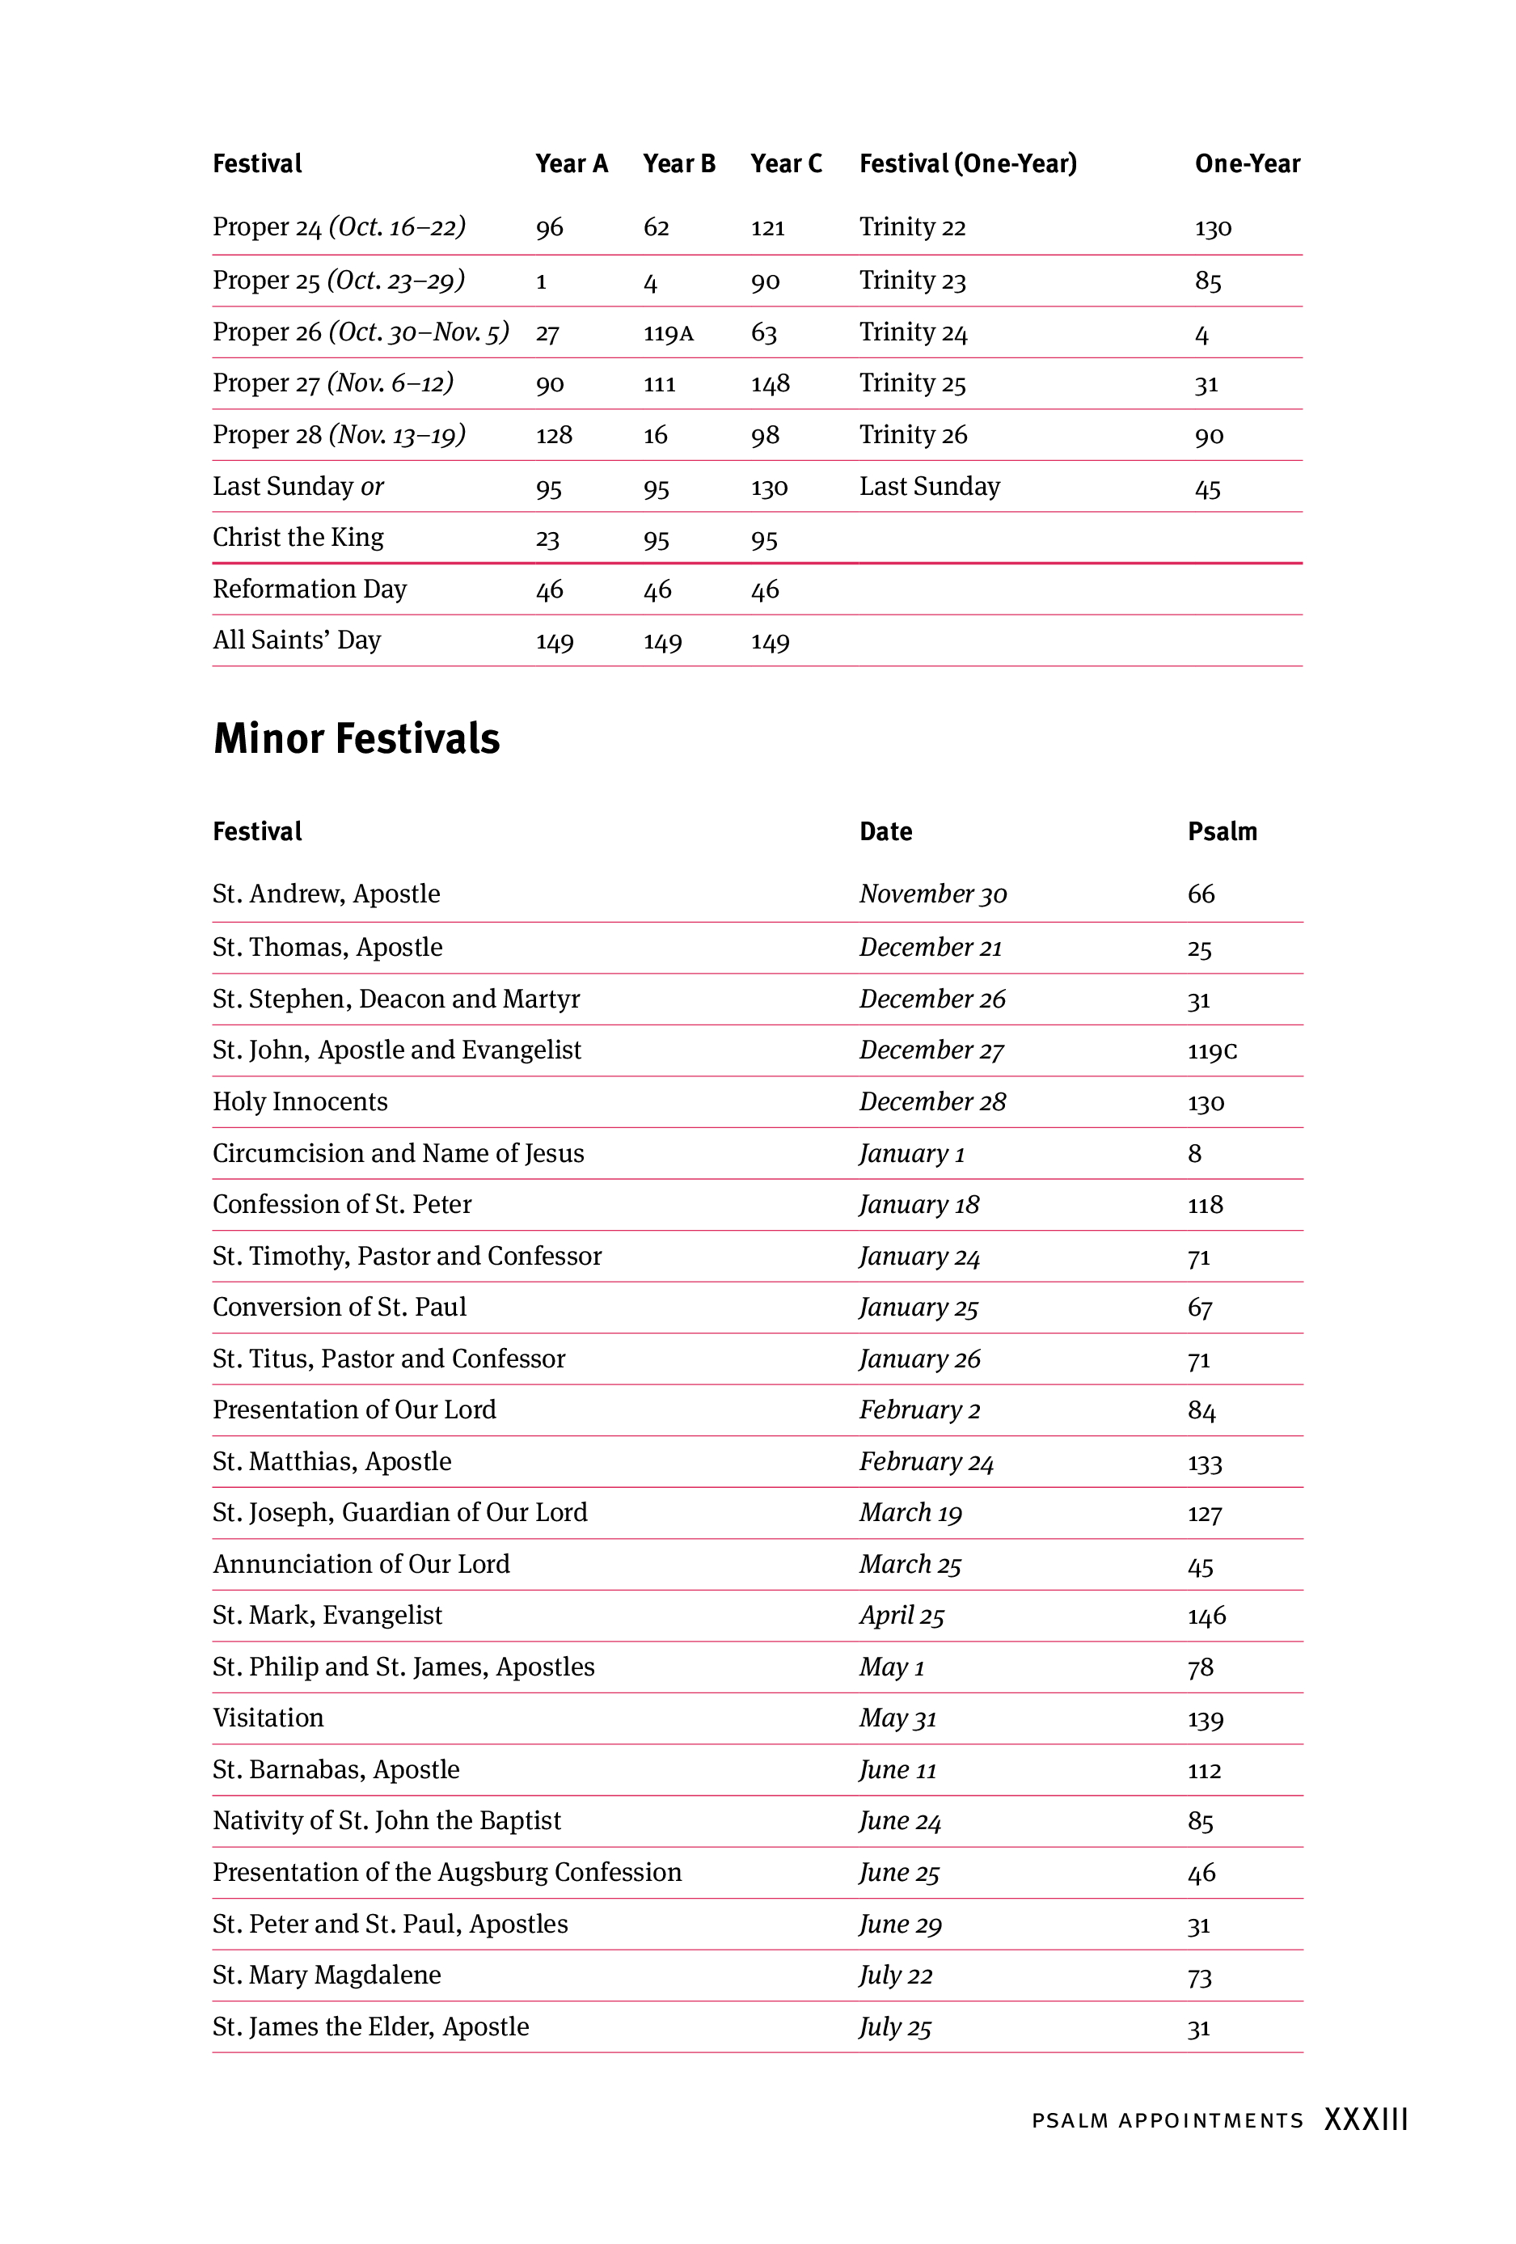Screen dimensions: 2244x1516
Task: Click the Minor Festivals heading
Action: pyautogui.click(x=357, y=738)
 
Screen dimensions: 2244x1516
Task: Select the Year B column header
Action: pyautogui.click(x=679, y=164)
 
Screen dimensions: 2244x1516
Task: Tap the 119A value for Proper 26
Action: pyautogui.click(x=668, y=334)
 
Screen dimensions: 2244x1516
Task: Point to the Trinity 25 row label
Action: pyautogui.click(x=913, y=383)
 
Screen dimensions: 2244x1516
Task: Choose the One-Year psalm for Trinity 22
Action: pyautogui.click(x=1213, y=228)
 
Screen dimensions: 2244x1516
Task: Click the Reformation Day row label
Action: pyautogui.click(x=309, y=589)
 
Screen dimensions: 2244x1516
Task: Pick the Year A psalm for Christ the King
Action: pyautogui.click(x=547, y=539)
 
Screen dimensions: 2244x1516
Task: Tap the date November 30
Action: pyautogui.click(x=933, y=894)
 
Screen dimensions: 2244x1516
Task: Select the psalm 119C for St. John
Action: pyautogui.click(x=1212, y=1050)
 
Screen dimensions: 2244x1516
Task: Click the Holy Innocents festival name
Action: pyautogui.click(x=299, y=1101)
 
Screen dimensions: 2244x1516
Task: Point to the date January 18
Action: pyautogui.click(x=919, y=1205)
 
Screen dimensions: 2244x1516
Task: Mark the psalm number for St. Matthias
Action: pyautogui.click(x=1204, y=1463)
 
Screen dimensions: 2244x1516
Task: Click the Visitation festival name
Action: pyautogui.click(x=268, y=1718)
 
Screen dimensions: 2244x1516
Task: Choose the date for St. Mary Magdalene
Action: pyautogui.click(x=895, y=1976)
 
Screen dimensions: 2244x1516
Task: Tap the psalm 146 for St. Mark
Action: pyautogui.click(x=1206, y=1616)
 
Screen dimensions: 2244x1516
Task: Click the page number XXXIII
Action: pyautogui.click(x=1366, y=2119)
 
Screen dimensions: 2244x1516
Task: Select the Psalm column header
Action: pyautogui.click(x=1222, y=831)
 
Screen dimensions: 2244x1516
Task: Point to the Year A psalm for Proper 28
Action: pyautogui.click(x=553, y=436)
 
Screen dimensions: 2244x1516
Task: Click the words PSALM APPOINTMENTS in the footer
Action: pyautogui.click(x=1167, y=2120)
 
